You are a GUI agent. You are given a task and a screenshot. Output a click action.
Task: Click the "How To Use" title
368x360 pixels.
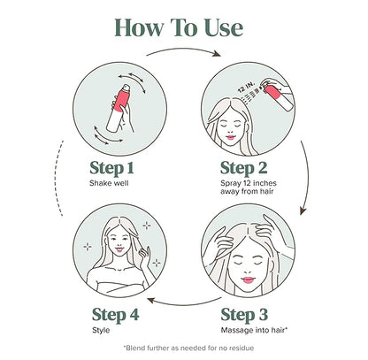click(179, 27)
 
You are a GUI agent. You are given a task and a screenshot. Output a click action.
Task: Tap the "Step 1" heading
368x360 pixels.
click(111, 168)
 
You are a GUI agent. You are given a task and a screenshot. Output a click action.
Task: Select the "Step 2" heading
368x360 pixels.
click(244, 168)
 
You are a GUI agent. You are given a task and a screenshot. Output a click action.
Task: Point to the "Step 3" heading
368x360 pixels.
click(244, 315)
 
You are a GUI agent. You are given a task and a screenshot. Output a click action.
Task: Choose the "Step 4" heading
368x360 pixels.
click(115, 315)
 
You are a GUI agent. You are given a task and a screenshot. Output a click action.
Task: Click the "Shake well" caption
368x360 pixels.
click(109, 183)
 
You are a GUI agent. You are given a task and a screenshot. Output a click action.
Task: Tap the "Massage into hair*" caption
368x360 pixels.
click(254, 330)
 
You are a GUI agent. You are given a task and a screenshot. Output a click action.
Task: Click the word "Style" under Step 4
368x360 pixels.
click(101, 330)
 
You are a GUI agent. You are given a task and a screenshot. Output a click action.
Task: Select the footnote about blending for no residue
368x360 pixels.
click(188, 348)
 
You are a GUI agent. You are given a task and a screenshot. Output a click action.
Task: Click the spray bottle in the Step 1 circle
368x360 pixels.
click(119, 108)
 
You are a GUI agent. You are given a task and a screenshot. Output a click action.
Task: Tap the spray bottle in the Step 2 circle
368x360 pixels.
click(278, 95)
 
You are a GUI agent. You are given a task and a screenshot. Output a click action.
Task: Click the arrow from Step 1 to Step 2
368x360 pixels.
click(184, 50)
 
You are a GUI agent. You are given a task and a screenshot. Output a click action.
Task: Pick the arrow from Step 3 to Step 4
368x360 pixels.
click(184, 303)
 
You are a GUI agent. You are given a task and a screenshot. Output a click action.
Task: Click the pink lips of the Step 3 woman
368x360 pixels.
click(248, 280)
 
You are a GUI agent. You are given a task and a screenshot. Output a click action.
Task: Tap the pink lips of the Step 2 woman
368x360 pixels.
click(231, 137)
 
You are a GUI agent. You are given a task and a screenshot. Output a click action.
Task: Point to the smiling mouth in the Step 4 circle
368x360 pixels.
click(119, 249)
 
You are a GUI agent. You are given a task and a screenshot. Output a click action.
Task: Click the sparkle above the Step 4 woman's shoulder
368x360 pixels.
click(157, 263)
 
